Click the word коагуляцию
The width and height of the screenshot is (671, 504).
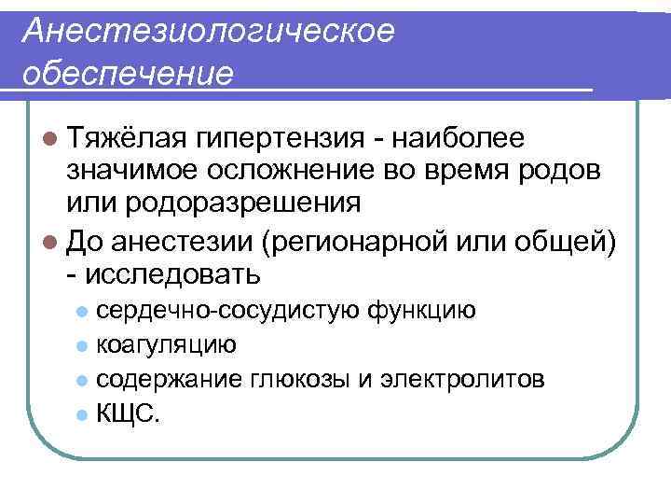click(x=166, y=344)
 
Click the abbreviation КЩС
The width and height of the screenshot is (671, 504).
click(x=127, y=414)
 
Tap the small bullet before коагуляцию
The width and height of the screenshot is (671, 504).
click(x=83, y=346)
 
